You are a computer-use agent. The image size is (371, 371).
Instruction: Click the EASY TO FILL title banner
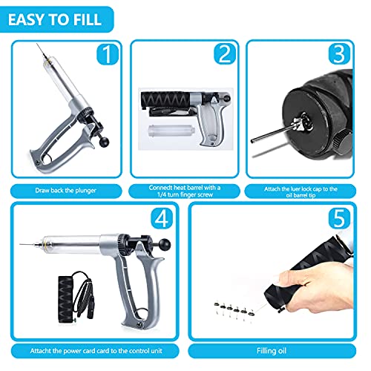[57, 16]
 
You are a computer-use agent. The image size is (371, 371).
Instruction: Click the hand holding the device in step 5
[256, 278]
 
